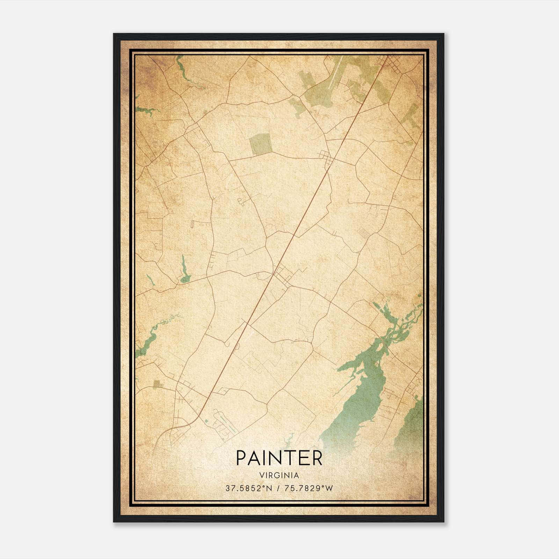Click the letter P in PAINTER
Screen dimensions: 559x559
pyautogui.click(x=242, y=458)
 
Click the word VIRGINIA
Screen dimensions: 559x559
pyautogui.click(x=279, y=475)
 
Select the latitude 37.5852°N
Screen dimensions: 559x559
pyautogui.click(x=248, y=488)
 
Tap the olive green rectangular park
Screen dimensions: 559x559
pyautogui.click(x=261, y=144)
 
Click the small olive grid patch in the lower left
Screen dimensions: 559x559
pyautogui.click(x=157, y=384)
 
